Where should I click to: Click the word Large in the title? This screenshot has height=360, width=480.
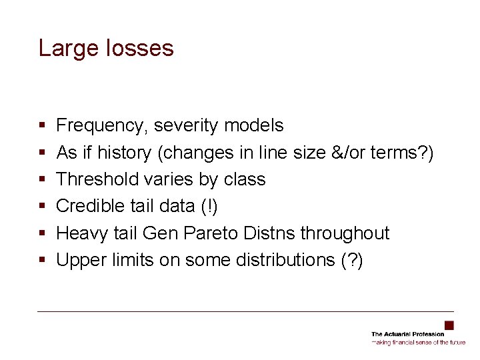(x=65, y=48)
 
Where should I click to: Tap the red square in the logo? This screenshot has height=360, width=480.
(x=449, y=325)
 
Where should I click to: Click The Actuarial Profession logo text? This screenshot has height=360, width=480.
(x=407, y=334)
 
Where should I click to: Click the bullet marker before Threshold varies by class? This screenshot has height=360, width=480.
(x=42, y=180)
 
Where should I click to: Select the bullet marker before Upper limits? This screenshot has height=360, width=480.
(x=42, y=261)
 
